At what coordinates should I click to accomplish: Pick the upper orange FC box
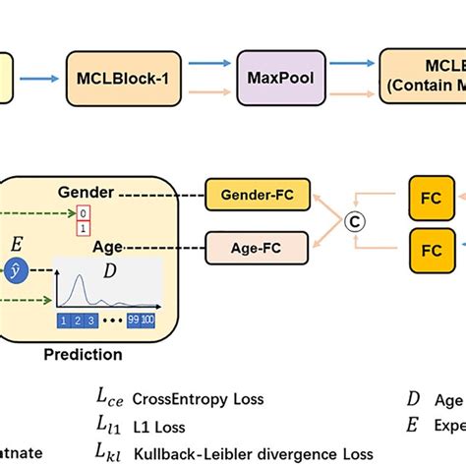pyautogui.click(x=431, y=198)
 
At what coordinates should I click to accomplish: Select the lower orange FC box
pyautogui.click(x=431, y=250)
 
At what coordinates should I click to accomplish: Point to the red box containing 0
pyautogui.click(x=84, y=212)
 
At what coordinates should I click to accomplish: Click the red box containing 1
pyautogui.click(x=84, y=227)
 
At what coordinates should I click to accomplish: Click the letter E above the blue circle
pyautogui.click(x=15, y=242)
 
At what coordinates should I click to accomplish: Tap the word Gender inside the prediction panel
pyautogui.click(x=86, y=193)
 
